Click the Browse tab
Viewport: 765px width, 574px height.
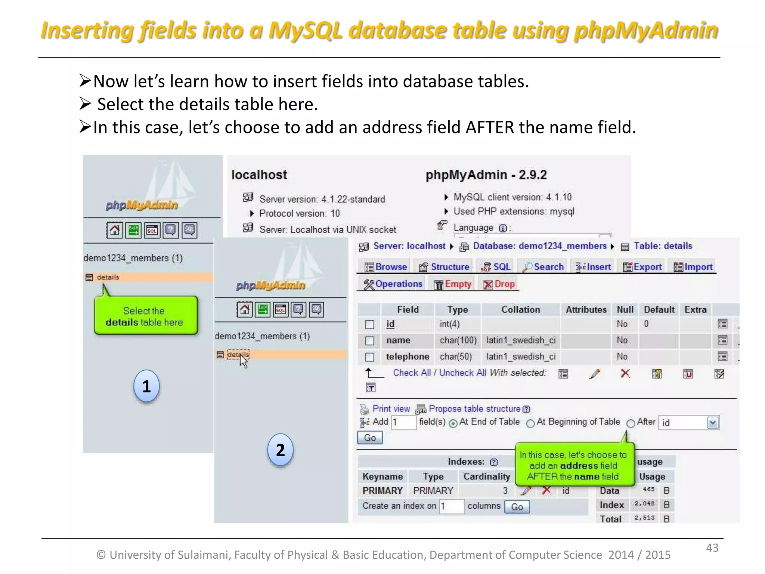click(x=386, y=267)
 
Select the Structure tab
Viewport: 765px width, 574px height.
click(x=445, y=267)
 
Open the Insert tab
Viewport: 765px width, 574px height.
click(x=594, y=267)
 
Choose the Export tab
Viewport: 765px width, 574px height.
click(x=642, y=267)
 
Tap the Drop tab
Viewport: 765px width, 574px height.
click(x=499, y=284)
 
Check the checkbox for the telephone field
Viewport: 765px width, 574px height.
click(x=369, y=357)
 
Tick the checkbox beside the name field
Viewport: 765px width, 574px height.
click(x=369, y=340)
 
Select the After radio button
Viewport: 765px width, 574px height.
click(x=631, y=423)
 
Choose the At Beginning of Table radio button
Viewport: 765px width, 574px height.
click(x=530, y=423)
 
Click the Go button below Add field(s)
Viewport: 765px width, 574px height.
click(x=370, y=438)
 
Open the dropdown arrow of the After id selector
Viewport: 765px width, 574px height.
click(x=713, y=423)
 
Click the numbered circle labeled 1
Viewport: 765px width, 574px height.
click(x=146, y=386)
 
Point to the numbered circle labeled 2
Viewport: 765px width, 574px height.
click(x=281, y=450)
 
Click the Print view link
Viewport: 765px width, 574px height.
click(x=391, y=409)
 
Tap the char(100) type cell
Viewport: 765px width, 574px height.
click(x=458, y=340)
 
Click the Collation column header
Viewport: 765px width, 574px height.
click(x=520, y=310)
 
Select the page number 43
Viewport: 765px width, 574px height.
click(x=712, y=548)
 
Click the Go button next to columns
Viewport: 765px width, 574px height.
click(x=517, y=507)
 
